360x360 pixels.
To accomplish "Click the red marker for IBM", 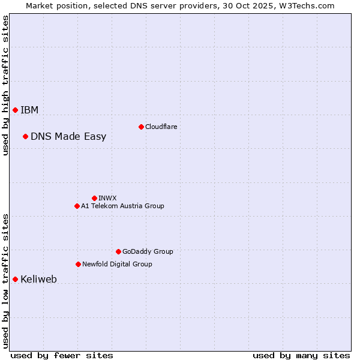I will [x=15, y=110].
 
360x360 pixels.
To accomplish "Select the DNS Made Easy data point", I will [x=25, y=136].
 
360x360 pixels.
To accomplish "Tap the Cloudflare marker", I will [x=141, y=127].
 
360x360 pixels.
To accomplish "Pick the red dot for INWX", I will [x=94, y=198].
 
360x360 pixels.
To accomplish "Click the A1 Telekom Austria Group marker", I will [x=77, y=206].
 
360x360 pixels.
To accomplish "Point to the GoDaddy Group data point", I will [x=118, y=251].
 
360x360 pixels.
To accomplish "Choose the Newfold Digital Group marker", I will [x=78, y=264].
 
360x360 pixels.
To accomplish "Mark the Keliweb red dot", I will [x=15, y=279].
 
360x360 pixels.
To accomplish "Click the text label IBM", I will [x=29, y=110].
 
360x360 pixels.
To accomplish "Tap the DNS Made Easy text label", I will [x=68, y=136].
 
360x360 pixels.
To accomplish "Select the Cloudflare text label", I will [x=161, y=127].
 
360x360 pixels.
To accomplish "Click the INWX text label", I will [x=107, y=198].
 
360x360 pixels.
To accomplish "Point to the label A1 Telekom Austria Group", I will [x=122, y=206].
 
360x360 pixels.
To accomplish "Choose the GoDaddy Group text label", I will [x=148, y=251].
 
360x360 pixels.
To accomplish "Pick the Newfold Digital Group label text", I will [x=117, y=264].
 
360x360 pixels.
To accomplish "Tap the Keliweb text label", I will [x=38, y=279].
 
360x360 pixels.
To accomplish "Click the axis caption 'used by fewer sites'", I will [x=62, y=355].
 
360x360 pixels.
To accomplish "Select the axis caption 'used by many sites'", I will [x=301, y=355].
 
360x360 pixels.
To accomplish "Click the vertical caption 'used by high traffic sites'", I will [x=5, y=85].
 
